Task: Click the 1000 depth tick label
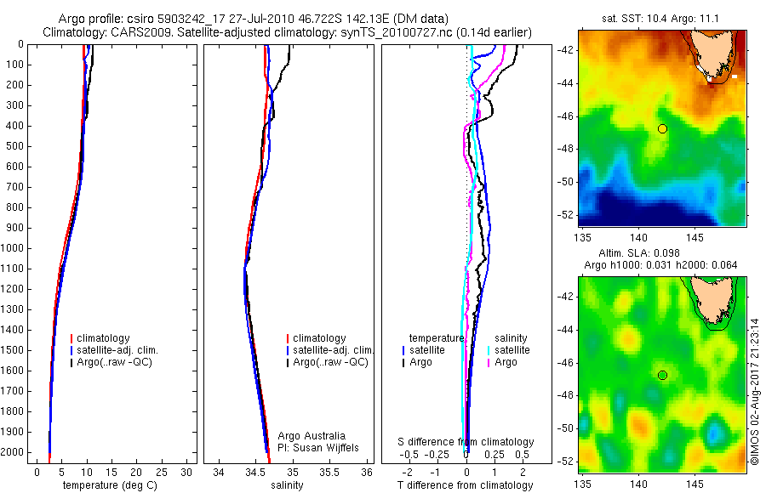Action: pyautogui.click(x=14, y=248)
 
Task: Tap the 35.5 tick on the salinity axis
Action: pyautogui.click(x=329, y=472)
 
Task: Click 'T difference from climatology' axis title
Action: pyautogui.click(x=465, y=485)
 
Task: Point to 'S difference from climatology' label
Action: pyautogui.click(x=466, y=443)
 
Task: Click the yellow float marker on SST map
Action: pyautogui.click(x=662, y=128)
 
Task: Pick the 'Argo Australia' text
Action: pyautogui.click(x=312, y=436)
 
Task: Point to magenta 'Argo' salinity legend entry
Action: pyautogui.click(x=506, y=362)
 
